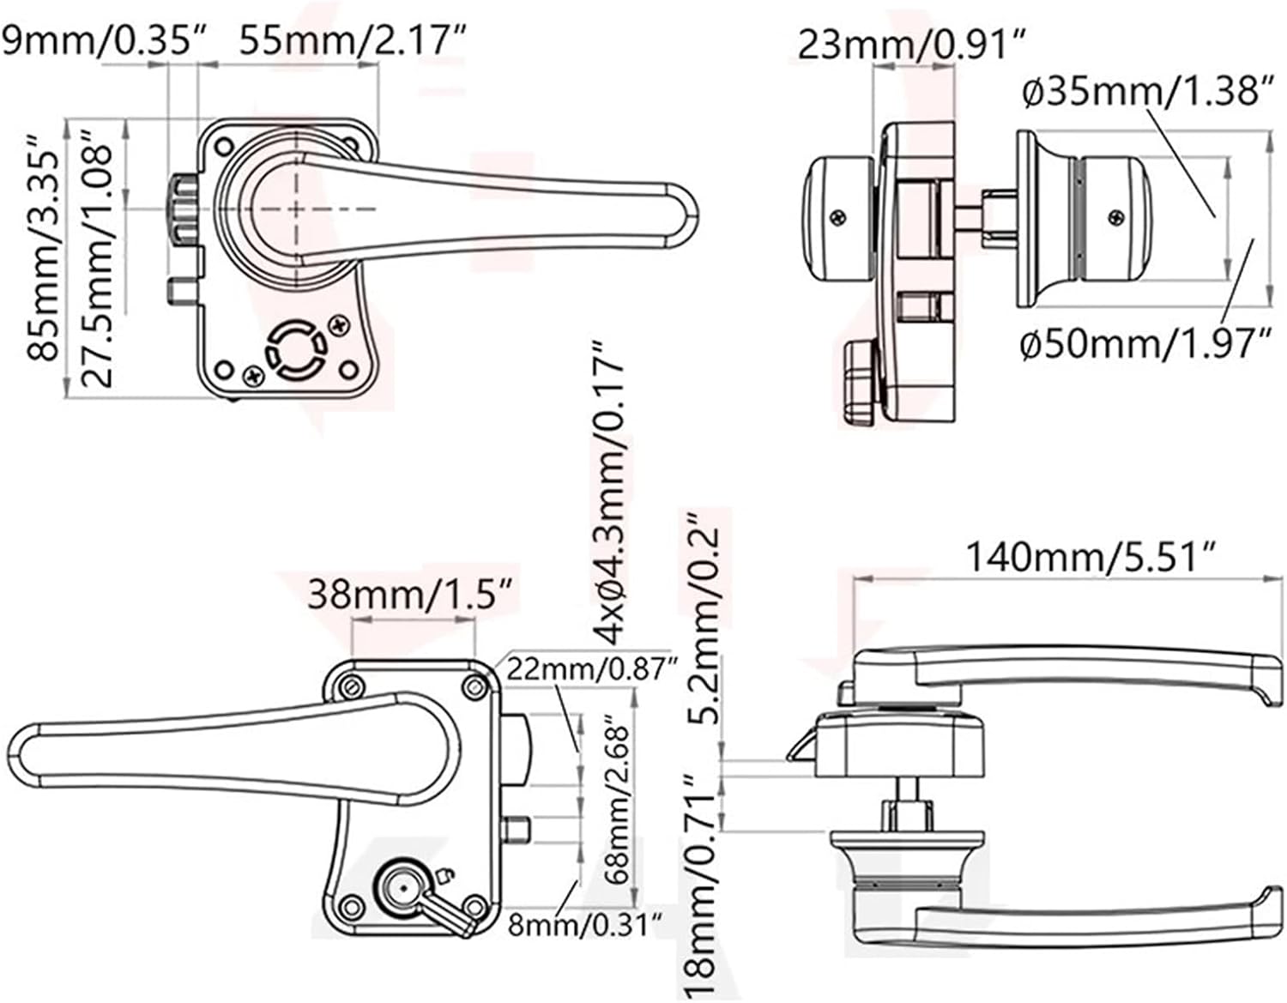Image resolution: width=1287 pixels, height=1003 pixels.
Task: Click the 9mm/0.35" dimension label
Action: tap(103, 41)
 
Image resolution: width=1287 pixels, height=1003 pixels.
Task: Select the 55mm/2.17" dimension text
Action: tap(352, 41)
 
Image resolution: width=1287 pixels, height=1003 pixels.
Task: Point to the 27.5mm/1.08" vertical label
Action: tap(97, 259)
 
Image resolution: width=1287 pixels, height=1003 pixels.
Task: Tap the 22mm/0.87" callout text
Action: tap(592, 669)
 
